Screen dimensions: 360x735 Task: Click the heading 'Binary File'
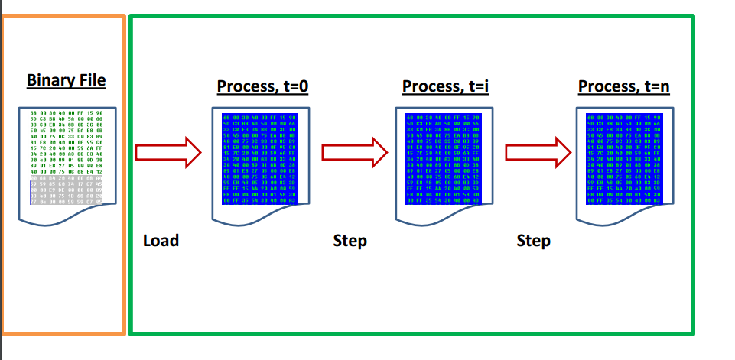pos(66,80)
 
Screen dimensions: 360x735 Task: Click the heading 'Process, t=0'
pos(262,86)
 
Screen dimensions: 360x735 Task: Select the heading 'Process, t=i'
pos(445,86)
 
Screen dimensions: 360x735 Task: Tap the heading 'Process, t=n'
pos(624,86)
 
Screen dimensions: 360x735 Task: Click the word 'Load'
pos(161,241)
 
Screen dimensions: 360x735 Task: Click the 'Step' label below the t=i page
pos(350,241)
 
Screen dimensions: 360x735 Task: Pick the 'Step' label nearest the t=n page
pos(533,241)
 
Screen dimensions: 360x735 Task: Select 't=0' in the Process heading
pos(294,86)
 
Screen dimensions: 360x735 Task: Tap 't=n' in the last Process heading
pos(655,86)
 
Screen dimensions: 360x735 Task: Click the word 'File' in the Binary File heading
pos(92,80)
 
